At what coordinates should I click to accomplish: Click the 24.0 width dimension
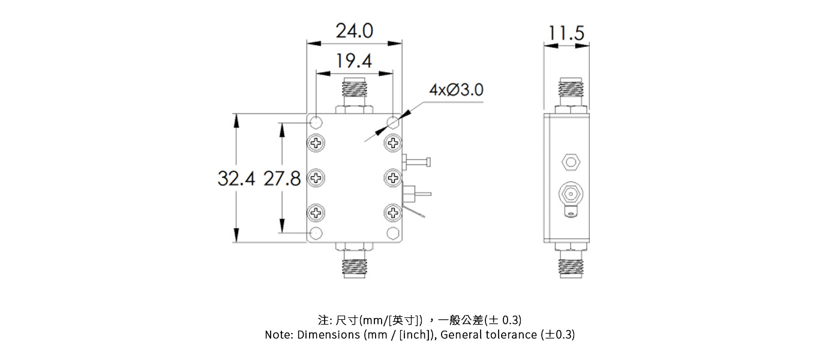pos(354,31)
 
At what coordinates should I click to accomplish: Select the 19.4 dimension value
pos(354,61)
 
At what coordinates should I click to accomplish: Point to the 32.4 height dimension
pos(236,178)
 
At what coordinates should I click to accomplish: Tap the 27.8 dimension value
pos(282,178)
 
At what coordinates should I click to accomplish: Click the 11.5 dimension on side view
pos(566,33)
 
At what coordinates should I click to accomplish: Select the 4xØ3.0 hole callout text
pos(456,91)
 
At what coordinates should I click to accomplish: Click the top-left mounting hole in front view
pos(316,123)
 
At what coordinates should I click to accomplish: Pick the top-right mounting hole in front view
pos(393,123)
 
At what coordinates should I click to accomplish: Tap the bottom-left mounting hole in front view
pos(316,233)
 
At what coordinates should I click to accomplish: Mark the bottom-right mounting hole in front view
pos(393,233)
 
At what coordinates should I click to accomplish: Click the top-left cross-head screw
pos(316,143)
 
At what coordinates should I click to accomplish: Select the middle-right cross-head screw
pos(393,178)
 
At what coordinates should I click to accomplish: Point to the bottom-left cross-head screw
pos(316,212)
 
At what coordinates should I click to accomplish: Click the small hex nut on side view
pos(570,161)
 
